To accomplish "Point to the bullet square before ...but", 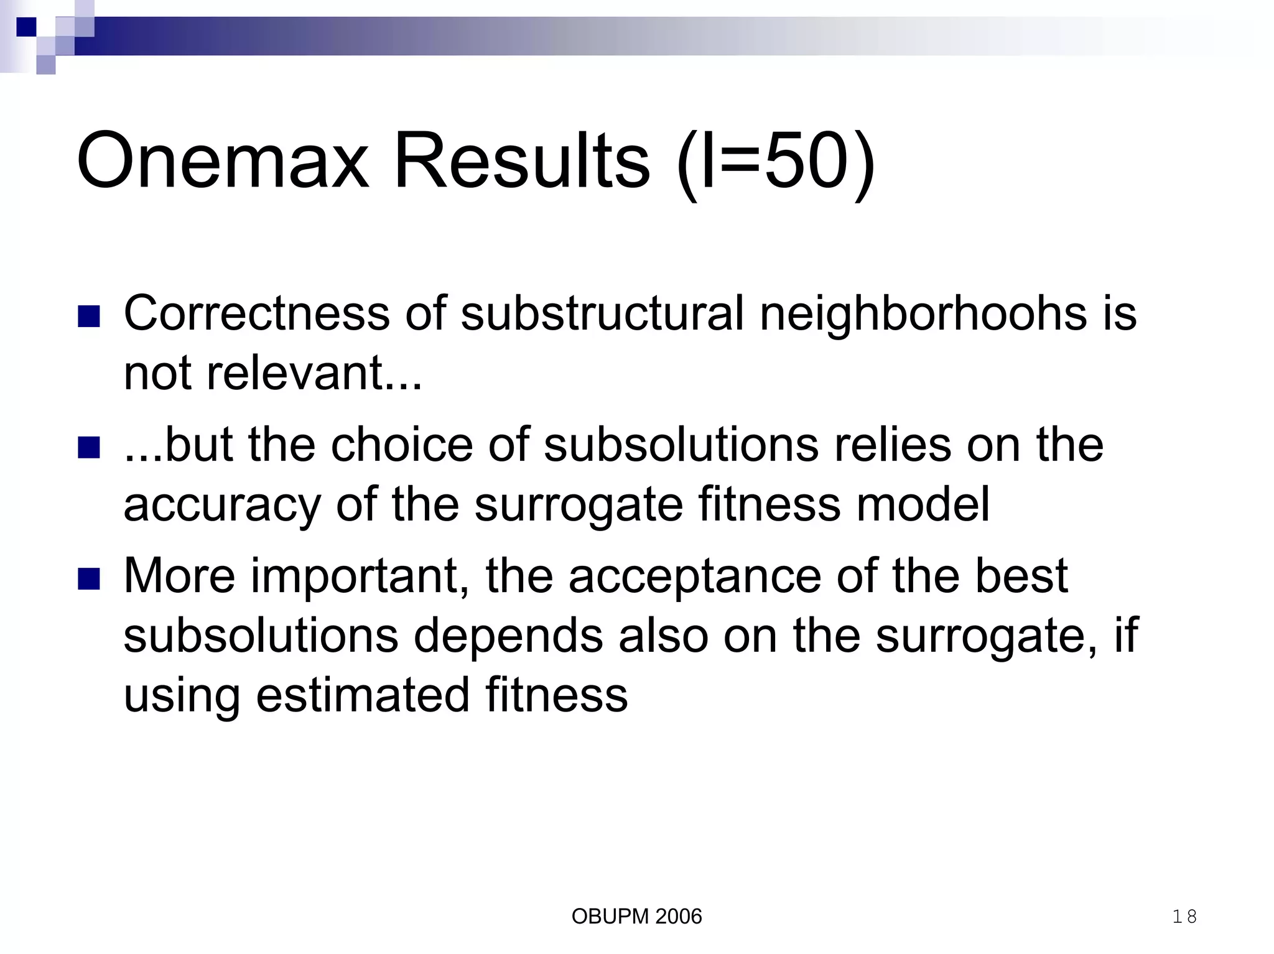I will click(x=89, y=447).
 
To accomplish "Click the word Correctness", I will click(x=257, y=313).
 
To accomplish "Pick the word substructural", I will click(x=602, y=313).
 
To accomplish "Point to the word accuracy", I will click(x=222, y=504).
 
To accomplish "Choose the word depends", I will click(x=508, y=636).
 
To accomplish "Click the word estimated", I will click(x=363, y=695).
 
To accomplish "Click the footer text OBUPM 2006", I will click(x=636, y=916).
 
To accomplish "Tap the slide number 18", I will click(x=1184, y=916).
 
